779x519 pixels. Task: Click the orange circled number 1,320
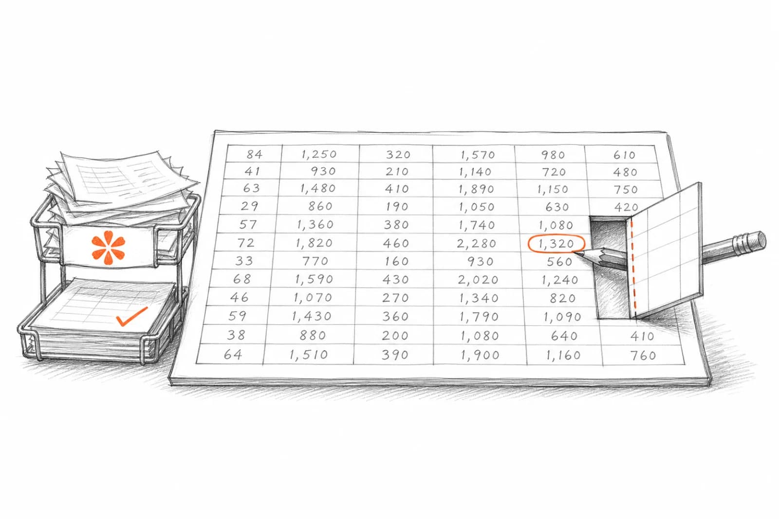(556, 244)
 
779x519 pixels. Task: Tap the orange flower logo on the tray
(108, 248)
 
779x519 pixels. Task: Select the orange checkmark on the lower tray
(131, 317)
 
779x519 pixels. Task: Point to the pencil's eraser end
(758, 240)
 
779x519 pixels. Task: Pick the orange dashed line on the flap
(633, 268)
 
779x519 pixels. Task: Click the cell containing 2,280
(476, 243)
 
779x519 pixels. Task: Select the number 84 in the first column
(254, 154)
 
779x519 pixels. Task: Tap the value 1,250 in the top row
(319, 154)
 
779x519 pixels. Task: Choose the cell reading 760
(643, 356)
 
